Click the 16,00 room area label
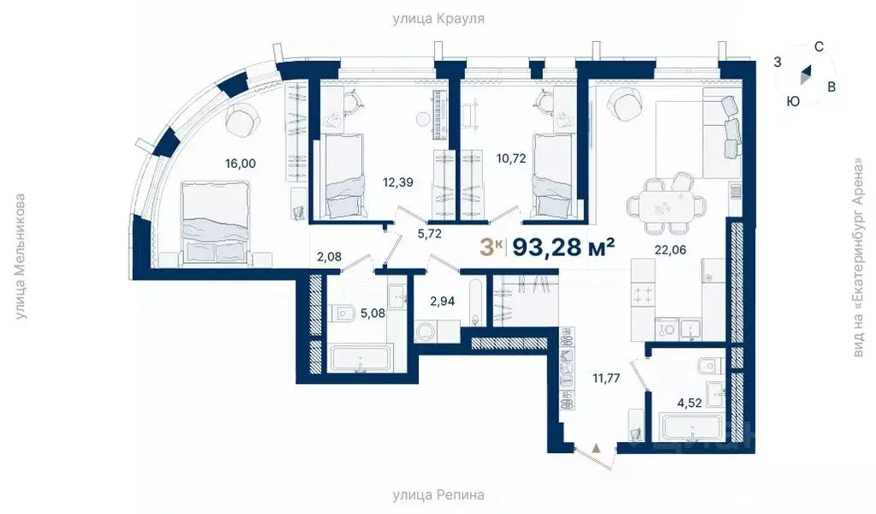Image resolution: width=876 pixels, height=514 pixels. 241,164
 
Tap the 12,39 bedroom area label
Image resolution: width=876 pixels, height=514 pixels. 398,182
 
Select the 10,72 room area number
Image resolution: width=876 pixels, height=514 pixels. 511,158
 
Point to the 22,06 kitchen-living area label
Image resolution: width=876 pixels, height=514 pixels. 670,250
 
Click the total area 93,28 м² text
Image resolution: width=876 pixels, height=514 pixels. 563,247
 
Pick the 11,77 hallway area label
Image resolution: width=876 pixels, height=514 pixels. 606,379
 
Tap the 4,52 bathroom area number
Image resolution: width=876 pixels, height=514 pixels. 688,403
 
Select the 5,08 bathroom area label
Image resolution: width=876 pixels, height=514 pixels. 372,313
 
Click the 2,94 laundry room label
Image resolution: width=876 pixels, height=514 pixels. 442,302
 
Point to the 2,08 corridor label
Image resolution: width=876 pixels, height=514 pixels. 329,257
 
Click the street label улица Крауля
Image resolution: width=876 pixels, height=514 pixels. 438,19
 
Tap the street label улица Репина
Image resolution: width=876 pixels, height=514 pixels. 438,495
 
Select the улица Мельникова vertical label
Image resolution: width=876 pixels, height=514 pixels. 20,257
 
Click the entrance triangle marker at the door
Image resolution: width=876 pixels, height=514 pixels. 597,447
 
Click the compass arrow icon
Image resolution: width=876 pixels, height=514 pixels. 805,75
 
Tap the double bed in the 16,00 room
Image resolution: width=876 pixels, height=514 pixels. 215,223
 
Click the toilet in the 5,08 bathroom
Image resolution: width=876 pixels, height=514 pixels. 345,313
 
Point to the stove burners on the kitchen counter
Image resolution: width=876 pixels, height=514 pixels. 643,295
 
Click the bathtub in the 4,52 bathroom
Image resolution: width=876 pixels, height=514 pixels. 691,427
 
